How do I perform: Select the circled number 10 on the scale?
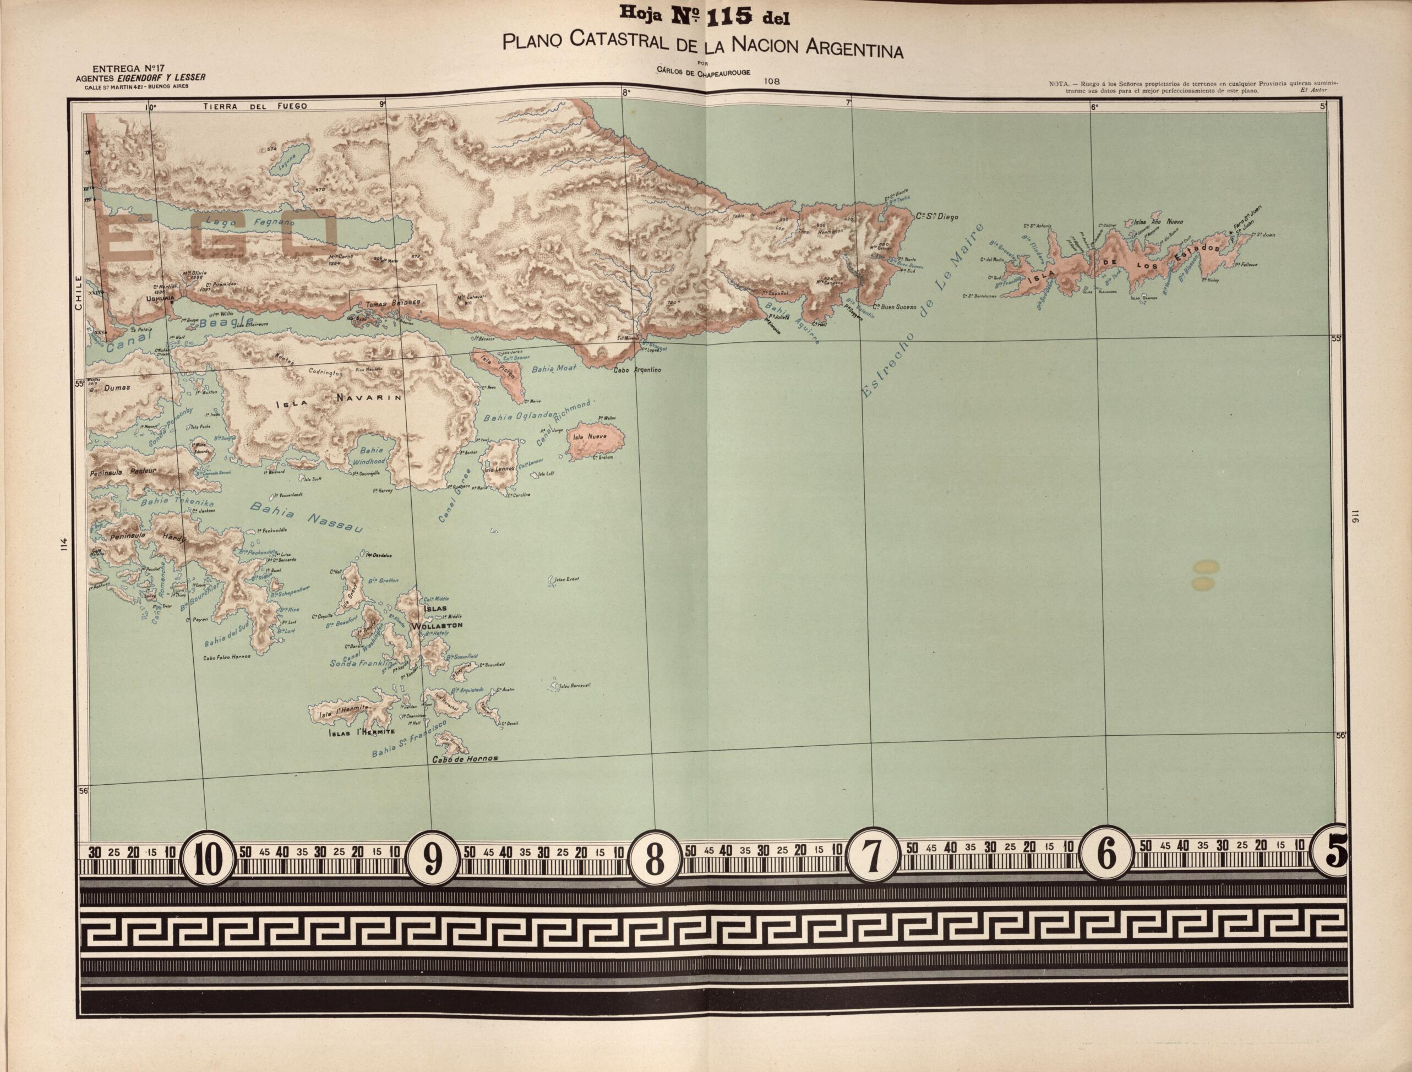point(208,859)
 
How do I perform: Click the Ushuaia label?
point(160,298)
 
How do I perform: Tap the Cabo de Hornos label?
point(464,759)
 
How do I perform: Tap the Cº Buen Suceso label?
point(895,307)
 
